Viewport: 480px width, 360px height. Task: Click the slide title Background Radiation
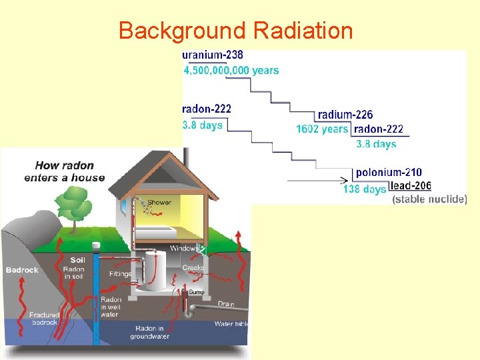235,31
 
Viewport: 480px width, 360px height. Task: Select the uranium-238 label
213,56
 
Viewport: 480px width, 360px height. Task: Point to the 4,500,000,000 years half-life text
231,70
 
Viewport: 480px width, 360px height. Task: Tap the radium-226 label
345,115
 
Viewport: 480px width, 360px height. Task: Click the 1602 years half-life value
323,129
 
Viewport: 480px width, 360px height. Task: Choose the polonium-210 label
389,173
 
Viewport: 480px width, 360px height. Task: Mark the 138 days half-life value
365,189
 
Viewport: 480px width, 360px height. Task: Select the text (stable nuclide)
429,199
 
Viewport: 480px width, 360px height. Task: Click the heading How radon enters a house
65,171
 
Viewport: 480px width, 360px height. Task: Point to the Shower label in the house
159,203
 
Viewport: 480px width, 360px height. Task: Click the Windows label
183,249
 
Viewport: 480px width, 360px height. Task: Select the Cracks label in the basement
193,268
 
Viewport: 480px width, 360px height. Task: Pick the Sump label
196,292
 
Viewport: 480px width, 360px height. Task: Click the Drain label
226,305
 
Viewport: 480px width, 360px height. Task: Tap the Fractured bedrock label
44,319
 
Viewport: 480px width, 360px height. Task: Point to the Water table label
231,324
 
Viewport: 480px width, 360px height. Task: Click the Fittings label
121,273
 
